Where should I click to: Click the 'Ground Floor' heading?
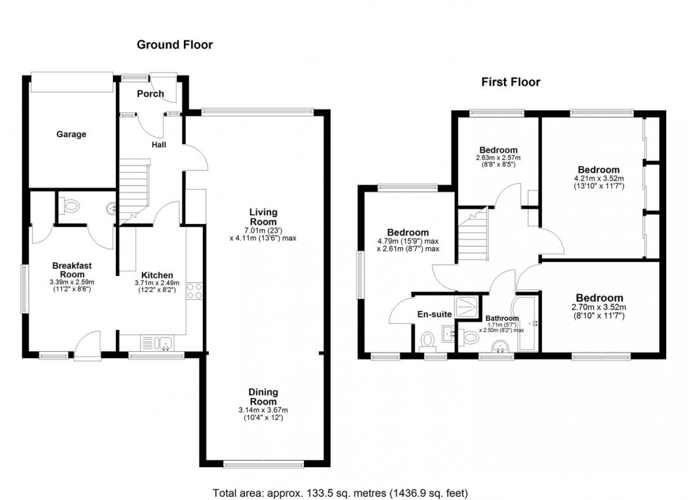[x=174, y=45]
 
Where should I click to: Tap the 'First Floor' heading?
[x=510, y=82]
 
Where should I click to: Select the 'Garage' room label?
[x=71, y=134]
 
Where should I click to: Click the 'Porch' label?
[x=150, y=93]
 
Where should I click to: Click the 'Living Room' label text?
[x=263, y=217]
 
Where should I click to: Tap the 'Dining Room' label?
[x=263, y=397]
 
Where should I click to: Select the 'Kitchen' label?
[x=157, y=275]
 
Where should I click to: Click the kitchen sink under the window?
[x=164, y=343]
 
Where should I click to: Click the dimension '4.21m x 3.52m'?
[x=598, y=179]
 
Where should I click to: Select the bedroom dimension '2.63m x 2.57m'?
[x=498, y=159]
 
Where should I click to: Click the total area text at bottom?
[x=340, y=492]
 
